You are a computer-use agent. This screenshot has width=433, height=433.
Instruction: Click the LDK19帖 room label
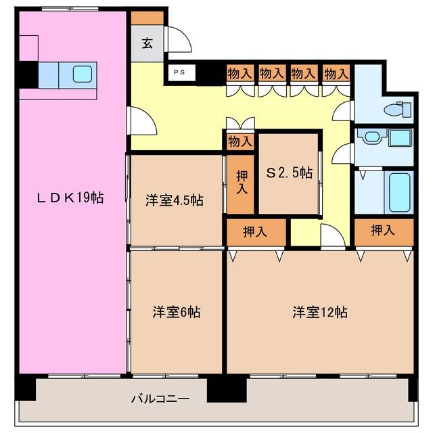pos(70,198)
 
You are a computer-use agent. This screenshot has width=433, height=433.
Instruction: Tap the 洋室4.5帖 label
pos(174,200)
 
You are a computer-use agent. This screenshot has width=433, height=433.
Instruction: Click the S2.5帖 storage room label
pos(289,173)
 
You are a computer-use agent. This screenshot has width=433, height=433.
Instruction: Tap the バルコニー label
pos(160,398)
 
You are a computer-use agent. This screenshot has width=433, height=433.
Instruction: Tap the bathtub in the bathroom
pos(398,192)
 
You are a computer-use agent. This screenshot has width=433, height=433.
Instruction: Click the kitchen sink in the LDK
pos(82,74)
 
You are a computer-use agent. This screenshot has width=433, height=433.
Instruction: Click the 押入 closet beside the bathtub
pos(384,231)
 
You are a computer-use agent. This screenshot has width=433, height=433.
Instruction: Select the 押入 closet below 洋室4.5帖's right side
pos(255,231)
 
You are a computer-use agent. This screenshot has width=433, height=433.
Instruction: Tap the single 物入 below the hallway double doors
pos(240,141)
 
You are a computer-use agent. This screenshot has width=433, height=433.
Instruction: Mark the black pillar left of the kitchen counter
pos(28,75)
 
